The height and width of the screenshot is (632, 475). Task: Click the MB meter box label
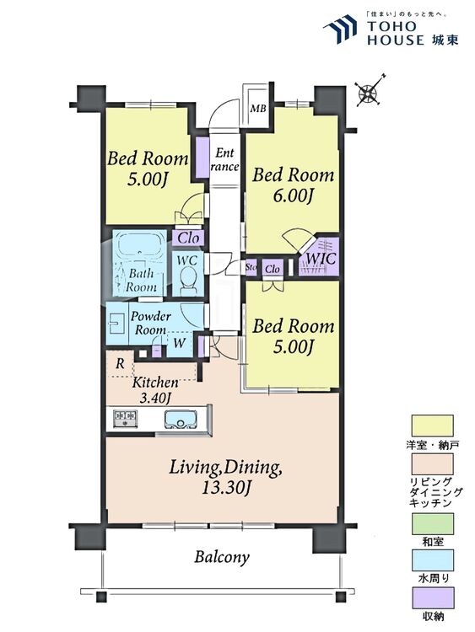(x=258, y=109)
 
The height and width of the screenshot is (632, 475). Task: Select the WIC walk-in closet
(x=319, y=257)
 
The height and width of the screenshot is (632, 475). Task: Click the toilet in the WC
(x=187, y=281)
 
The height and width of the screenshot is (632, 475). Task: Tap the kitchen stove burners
(x=126, y=418)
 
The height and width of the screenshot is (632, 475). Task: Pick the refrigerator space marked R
(x=120, y=364)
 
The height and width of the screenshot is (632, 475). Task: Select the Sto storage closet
(x=251, y=267)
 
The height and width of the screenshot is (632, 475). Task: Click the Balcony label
(x=222, y=558)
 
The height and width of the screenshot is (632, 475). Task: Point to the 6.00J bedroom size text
(x=294, y=195)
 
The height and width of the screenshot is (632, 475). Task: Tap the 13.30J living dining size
(x=224, y=488)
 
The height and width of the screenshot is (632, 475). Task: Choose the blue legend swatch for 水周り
(x=432, y=560)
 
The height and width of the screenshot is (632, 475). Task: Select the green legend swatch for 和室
(x=432, y=523)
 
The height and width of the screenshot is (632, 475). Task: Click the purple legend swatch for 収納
(x=432, y=598)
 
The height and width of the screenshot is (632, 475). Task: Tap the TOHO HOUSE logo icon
(x=341, y=28)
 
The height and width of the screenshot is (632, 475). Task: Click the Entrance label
(x=224, y=159)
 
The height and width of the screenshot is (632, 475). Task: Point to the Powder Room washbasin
(x=116, y=324)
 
